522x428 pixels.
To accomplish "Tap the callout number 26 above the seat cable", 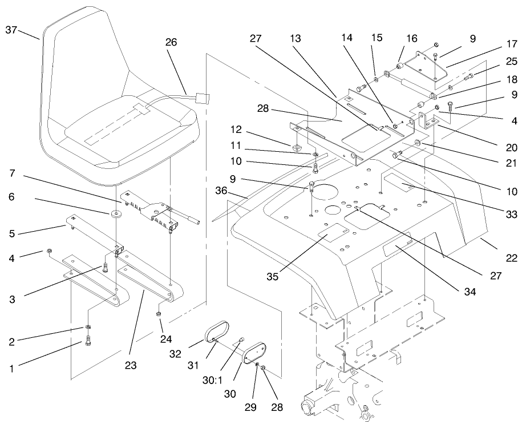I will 171,42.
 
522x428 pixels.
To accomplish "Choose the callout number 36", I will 223,191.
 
